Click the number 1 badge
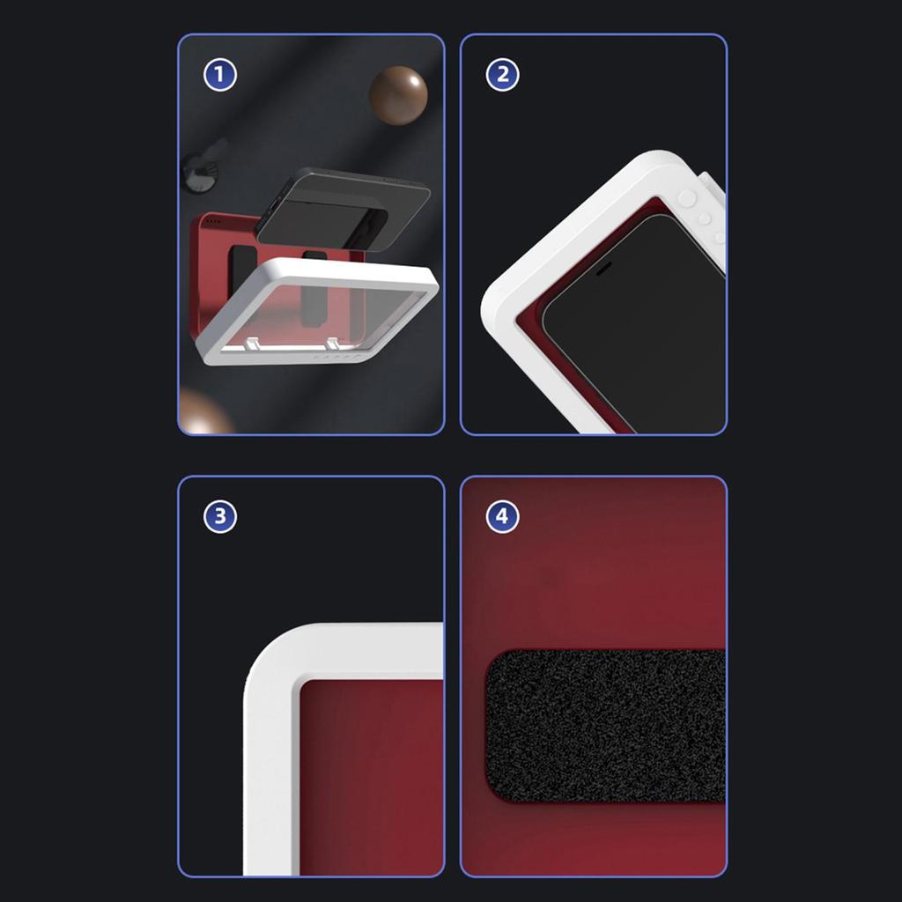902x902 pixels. (x=219, y=75)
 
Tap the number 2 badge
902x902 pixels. (x=502, y=75)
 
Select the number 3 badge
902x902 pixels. (x=219, y=516)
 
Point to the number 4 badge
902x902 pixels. (x=502, y=516)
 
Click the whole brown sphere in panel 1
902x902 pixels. (x=398, y=95)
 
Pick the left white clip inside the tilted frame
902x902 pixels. (x=254, y=344)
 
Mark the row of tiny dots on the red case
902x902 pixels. (x=213, y=221)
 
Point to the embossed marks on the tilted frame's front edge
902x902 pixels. (x=335, y=357)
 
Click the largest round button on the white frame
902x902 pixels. (x=687, y=198)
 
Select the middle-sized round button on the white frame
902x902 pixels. (x=704, y=218)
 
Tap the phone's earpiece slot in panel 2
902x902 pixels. (x=603, y=269)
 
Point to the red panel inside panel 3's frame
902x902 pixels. (x=372, y=778)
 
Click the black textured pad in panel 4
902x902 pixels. (x=606, y=726)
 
